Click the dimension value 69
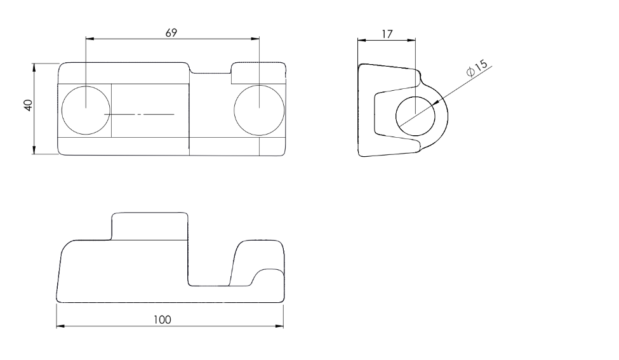click(171, 33)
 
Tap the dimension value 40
click(28, 105)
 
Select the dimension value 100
click(163, 320)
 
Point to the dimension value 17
click(387, 34)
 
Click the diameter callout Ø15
click(477, 68)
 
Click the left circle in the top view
click(86, 110)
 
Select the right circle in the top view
click(259, 110)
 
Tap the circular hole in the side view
click(415, 116)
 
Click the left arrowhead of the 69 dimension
click(90, 39)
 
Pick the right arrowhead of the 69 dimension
click(255, 39)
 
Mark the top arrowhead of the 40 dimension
click(34, 67)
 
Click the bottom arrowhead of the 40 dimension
click(34, 150)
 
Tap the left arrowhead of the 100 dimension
click(61, 326)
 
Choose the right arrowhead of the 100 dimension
click(279, 326)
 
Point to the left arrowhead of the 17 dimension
click(362, 40)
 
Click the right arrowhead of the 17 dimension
click(411, 40)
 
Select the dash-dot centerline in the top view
click(139, 114)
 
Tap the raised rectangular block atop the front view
click(150, 226)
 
